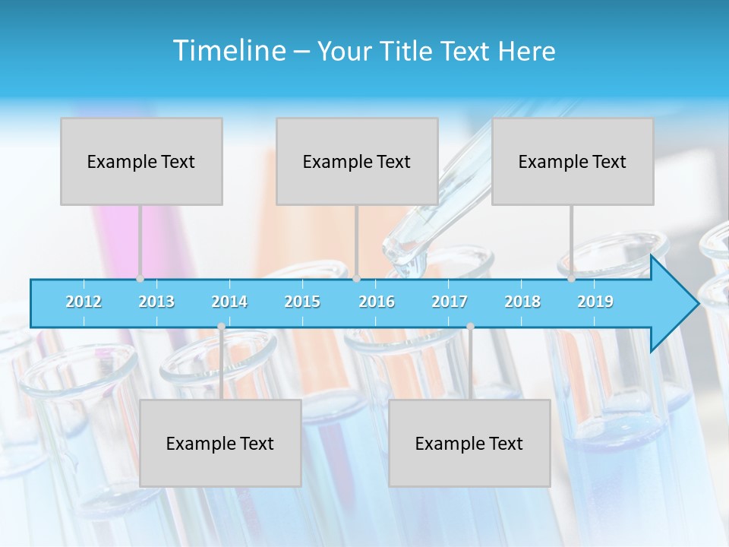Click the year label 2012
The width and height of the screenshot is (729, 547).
click(84, 302)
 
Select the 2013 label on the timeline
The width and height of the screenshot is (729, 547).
click(156, 302)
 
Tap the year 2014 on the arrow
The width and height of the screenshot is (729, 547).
click(229, 302)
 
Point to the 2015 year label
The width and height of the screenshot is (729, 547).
click(302, 302)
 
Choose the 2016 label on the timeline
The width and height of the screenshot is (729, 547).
click(377, 302)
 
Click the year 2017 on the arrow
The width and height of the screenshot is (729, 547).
click(450, 302)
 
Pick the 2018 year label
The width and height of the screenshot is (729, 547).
click(522, 302)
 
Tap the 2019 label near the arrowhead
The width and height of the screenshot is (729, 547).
click(595, 302)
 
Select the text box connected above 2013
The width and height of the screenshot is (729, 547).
click(141, 161)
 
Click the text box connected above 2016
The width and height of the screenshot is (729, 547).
click(357, 161)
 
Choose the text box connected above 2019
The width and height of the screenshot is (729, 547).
click(573, 161)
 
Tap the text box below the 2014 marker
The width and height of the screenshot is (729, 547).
click(220, 443)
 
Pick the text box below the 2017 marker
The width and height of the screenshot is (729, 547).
click(469, 443)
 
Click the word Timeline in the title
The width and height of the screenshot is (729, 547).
click(228, 51)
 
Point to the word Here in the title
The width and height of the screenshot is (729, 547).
click(526, 52)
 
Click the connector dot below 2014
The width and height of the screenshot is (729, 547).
click(221, 327)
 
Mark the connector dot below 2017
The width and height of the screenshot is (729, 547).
click(470, 327)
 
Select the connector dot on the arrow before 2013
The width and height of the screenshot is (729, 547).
click(140, 279)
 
